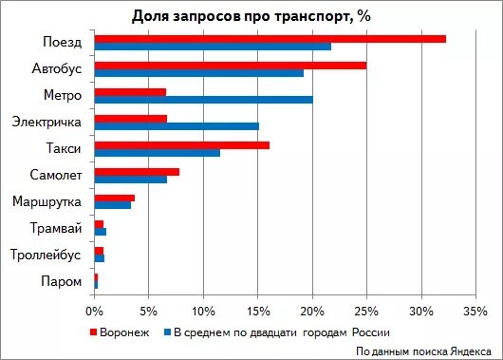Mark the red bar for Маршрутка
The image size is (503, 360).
(x=115, y=198)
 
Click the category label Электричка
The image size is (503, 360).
(x=47, y=122)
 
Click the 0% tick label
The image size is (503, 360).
(x=94, y=310)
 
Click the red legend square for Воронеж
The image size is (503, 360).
(x=94, y=332)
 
